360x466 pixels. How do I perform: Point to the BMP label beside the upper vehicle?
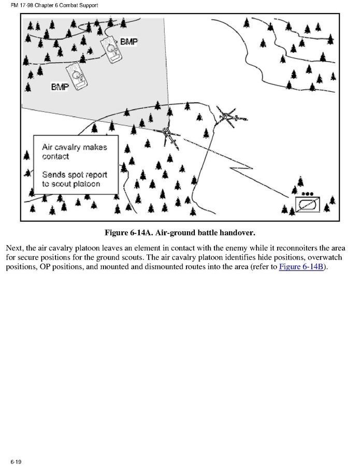point(129,41)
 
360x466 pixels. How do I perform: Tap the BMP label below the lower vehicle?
point(60,87)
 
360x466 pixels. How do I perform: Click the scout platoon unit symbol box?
point(308,203)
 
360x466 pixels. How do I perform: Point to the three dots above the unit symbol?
point(308,193)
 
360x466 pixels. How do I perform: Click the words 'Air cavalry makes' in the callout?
point(74,147)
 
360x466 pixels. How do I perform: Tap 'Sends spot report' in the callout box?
point(74,175)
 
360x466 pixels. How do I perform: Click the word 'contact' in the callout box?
point(55,156)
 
